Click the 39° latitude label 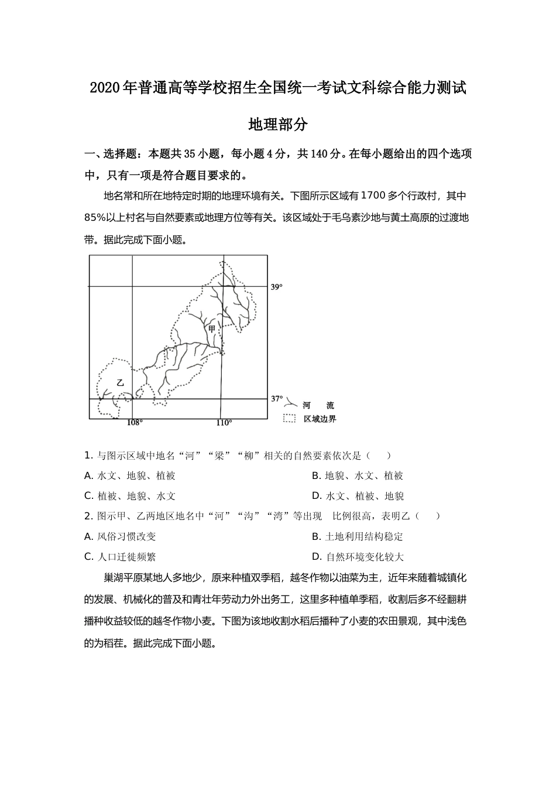coord(276,287)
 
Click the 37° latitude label coord(276,399)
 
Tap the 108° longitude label coord(135,423)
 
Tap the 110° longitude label coord(224,423)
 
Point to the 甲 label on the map coord(212,329)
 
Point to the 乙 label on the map coord(121,382)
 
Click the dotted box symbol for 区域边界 coord(289,419)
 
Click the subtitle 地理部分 coord(278,125)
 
